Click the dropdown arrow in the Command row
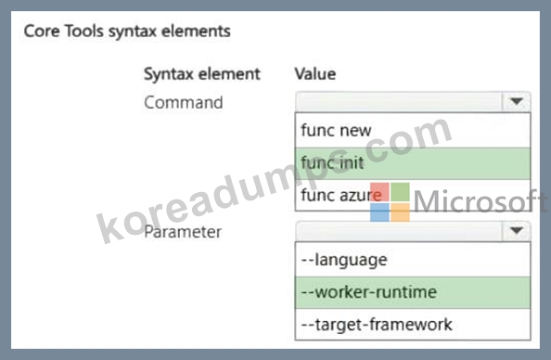(516, 102)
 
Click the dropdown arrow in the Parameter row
(516, 231)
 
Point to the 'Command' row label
(184, 103)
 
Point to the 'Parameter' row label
(183, 232)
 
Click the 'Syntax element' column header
(202, 74)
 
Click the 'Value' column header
(315, 74)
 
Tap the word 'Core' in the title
(42, 31)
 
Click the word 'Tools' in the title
(84, 31)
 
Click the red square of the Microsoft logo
(379, 192)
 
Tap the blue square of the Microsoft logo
(379, 212)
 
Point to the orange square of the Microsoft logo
(400, 212)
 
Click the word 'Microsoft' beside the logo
(481, 201)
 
